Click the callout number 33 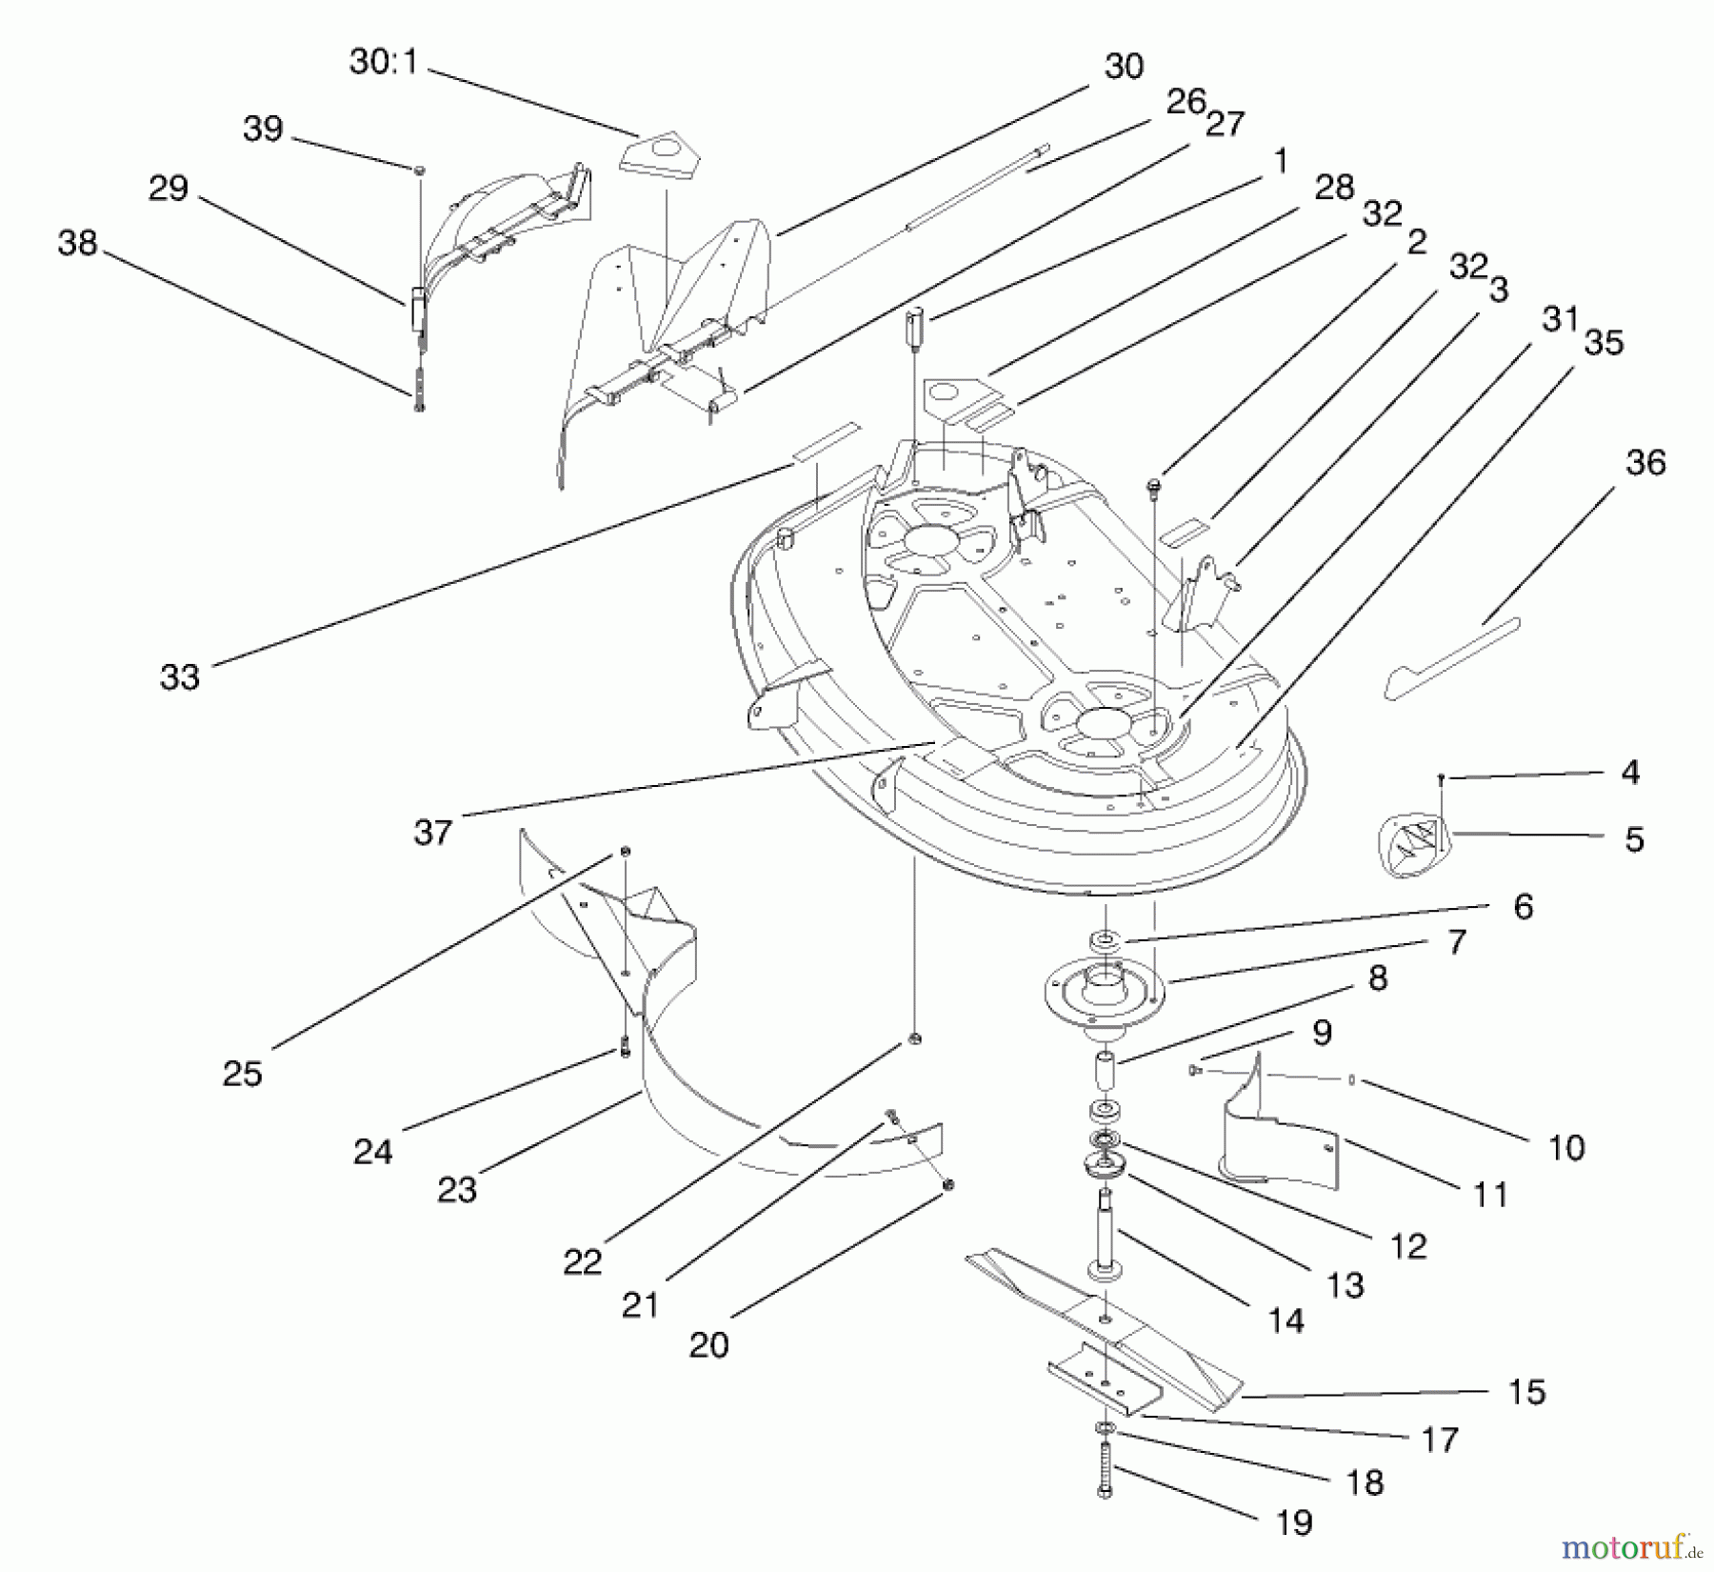pyautogui.click(x=179, y=677)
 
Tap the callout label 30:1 pyautogui.click(x=383, y=63)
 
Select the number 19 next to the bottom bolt pyautogui.click(x=1294, y=1522)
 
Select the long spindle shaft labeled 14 pyautogui.click(x=1106, y=1234)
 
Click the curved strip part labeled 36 pyautogui.click(x=1452, y=657)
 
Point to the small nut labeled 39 pyautogui.click(x=419, y=170)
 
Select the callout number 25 pyautogui.click(x=242, y=1074)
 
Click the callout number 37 pyautogui.click(x=432, y=833)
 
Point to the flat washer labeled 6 pyautogui.click(x=1106, y=940)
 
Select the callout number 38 pyautogui.click(x=77, y=243)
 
